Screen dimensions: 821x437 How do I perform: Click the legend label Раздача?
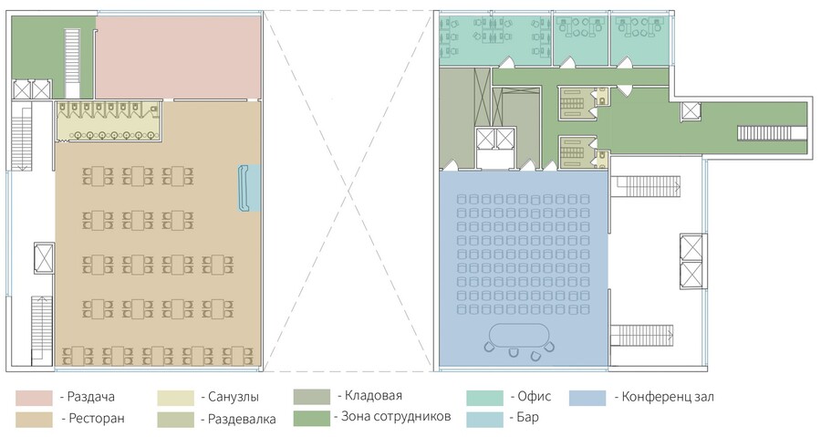point(91,397)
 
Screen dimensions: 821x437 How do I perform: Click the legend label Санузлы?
point(234,397)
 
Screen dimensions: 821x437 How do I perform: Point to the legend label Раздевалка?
point(242,419)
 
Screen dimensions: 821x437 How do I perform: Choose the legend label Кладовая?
point(373,396)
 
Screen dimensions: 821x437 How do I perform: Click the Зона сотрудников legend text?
point(396,417)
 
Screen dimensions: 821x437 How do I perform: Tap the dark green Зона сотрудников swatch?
point(312,418)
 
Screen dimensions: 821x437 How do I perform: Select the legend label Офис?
point(534,397)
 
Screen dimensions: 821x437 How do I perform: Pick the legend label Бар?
point(528,418)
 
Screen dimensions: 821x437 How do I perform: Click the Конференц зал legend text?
point(668,397)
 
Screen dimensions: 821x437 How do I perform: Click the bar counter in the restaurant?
point(244,188)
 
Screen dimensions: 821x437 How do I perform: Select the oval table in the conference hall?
point(518,334)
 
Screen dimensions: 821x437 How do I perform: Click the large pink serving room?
point(178,57)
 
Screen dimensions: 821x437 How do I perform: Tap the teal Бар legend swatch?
point(485,419)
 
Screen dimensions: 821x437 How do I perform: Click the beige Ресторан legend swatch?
point(34,420)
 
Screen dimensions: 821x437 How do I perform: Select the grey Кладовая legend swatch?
point(312,397)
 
